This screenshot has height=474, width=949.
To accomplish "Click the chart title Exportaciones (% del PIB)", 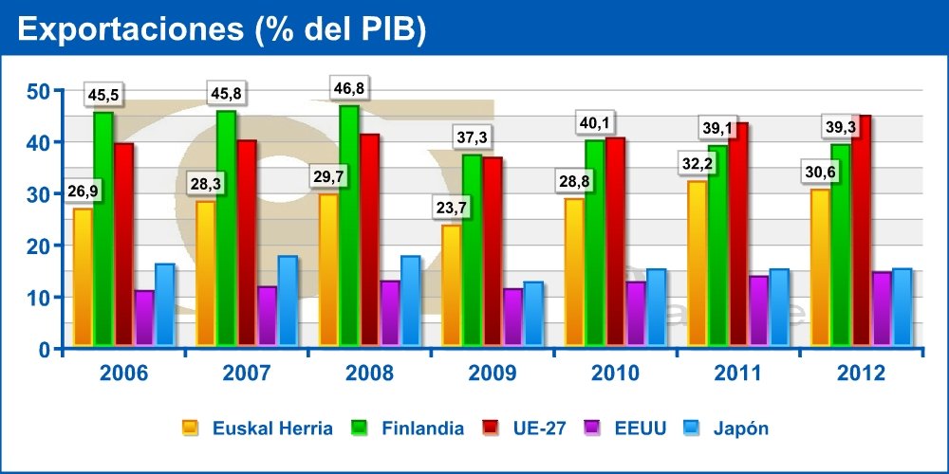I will click(221, 28).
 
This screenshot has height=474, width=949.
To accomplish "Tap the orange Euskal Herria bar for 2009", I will click(452, 284).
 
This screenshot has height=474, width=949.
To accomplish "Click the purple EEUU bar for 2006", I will click(144, 318).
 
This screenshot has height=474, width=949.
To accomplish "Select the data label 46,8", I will click(349, 89).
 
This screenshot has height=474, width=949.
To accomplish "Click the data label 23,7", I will click(451, 210).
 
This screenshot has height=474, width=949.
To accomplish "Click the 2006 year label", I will click(123, 374).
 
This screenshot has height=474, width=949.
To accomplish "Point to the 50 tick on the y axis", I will click(38, 91).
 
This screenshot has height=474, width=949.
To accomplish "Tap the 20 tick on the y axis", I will click(38, 246).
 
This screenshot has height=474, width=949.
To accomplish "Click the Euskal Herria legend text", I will click(271, 428).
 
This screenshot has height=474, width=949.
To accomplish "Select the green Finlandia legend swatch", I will click(361, 428).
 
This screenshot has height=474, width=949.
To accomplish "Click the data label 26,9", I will click(83, 191).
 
